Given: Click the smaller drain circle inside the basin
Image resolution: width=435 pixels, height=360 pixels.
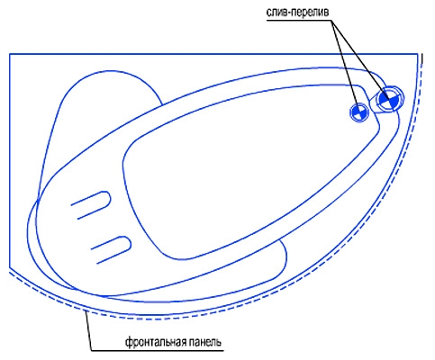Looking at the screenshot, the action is tap(359, 112).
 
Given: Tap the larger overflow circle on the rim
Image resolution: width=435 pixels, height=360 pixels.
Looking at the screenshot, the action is tap(388, 99).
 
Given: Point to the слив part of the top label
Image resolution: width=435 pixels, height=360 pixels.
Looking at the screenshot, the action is tap(277, 13).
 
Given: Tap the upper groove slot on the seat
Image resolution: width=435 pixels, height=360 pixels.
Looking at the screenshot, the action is tap(91, 205).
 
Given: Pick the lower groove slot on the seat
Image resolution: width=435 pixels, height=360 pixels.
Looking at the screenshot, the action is tap(111, 250).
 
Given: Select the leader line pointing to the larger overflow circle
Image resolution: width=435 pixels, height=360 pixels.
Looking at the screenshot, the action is tap(360, 60).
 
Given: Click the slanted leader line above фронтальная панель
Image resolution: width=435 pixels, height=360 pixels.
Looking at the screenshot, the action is tap(89, 331).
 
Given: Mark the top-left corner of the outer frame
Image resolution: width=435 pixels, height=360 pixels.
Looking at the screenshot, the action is tap(10, 54).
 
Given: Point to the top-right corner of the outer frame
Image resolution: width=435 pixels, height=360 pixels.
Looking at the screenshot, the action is tap(418, 54).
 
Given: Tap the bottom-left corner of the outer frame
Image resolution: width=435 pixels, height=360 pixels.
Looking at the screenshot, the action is tap(10, 266).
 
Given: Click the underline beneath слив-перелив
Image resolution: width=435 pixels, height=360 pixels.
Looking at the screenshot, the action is tap(298, 21).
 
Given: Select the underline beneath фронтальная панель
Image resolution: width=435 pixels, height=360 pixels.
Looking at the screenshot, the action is tap(158, 350).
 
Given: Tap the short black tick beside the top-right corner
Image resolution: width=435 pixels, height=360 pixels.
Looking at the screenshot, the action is tap(422, 58).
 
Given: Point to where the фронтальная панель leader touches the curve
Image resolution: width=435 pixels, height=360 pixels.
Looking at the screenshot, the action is tap(86, 312).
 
